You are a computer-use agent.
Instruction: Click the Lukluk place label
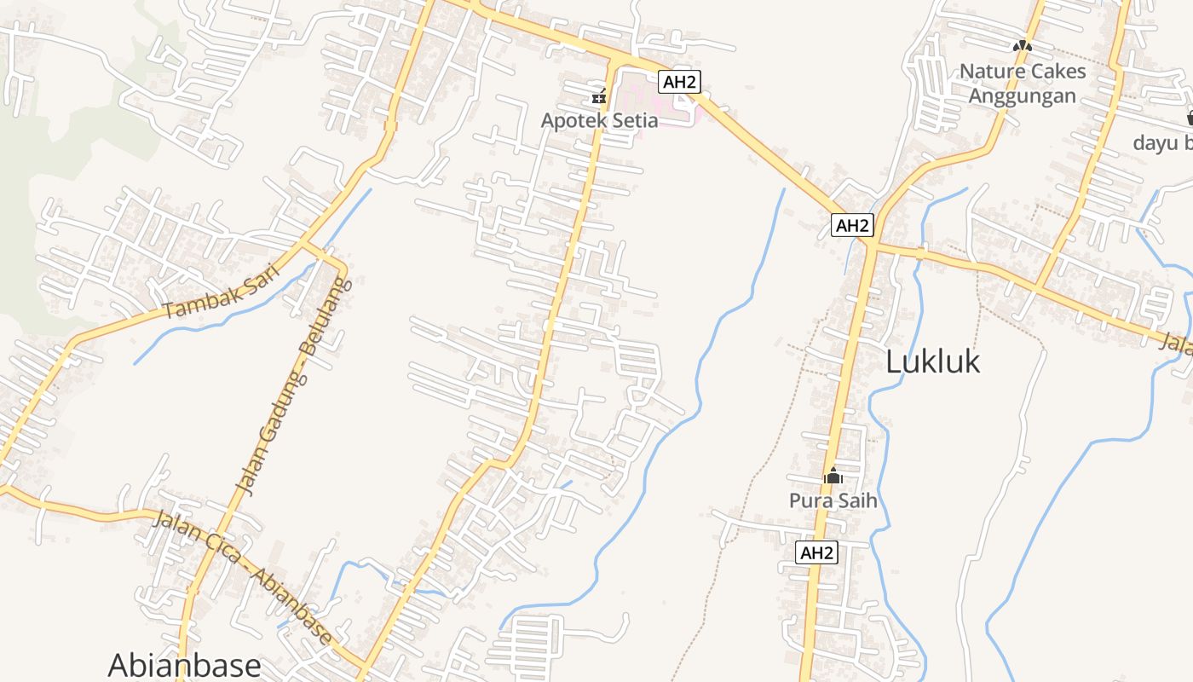[x=932, y=361]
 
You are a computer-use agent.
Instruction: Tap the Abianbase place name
[x=184, y=665]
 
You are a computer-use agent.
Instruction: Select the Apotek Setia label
[x=599, y=120]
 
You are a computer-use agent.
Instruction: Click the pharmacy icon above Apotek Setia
[x=600, y=95]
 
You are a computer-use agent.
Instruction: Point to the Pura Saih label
[x=833, y=500]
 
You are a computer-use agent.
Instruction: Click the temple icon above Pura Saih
[x=833, y=477]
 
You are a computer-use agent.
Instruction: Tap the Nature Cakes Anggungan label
[x=1023, y=83]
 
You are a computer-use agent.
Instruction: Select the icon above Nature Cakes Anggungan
[x=1023, y=45]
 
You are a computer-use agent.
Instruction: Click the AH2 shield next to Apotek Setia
[x=679, y=82]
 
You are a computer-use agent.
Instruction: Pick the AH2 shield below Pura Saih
[x=817, y=552]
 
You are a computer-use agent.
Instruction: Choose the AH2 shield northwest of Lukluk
[x=853, y=225]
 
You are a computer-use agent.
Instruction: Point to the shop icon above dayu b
[x=1190, y=117]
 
